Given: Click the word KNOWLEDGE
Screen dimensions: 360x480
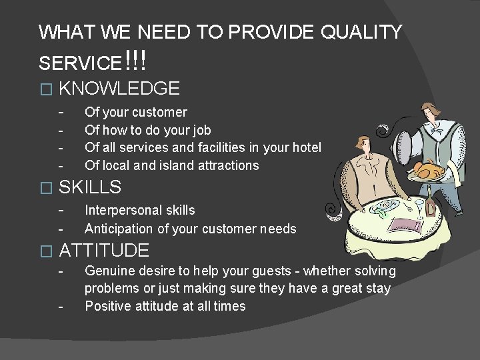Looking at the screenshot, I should (x=119, y=88).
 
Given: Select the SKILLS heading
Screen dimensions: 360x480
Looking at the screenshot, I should (x=90, y=187).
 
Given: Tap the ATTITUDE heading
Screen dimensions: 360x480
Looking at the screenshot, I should (x=104, y=251).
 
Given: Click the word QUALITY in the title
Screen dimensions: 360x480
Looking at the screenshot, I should (x=361, y=32).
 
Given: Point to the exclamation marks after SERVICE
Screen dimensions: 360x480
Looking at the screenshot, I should (x=135, y=63).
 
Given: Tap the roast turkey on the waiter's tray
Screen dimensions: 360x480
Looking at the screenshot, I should (x=429, y=169).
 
